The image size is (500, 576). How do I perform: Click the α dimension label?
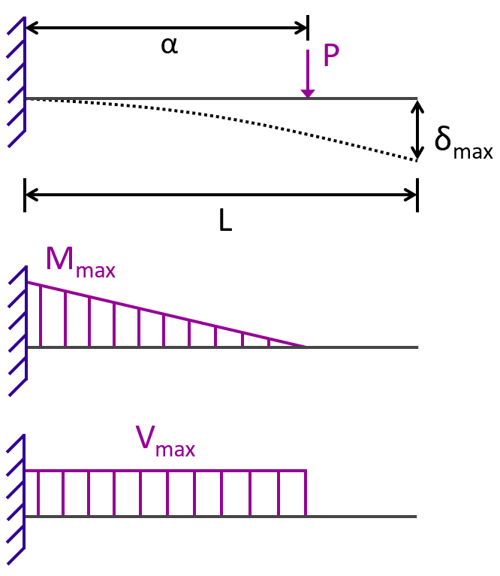click(x=170, y=46)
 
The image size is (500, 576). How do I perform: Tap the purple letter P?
click(x=331, y=55)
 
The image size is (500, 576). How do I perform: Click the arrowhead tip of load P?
click(x=308, y=98)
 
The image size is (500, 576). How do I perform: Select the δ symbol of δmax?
click(x=443, y=138)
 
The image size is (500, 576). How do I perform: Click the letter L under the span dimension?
click(x=225, y=220)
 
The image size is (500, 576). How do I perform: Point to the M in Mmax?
click(x=60, y=258)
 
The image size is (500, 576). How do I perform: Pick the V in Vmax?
click(x=145, y=437)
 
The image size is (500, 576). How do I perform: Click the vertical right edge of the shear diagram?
click(x=306, y=493)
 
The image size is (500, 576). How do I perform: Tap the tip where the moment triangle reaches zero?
click(x=306, y=346)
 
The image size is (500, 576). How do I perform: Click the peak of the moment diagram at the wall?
click(x=28, y=282)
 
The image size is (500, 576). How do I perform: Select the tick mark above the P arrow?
click(x=308, y=28)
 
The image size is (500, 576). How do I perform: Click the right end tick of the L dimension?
click(x=417, y=195)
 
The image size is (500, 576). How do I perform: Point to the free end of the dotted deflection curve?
click(x=417, y=160)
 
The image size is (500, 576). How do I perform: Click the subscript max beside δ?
click(x=473, y=152)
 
